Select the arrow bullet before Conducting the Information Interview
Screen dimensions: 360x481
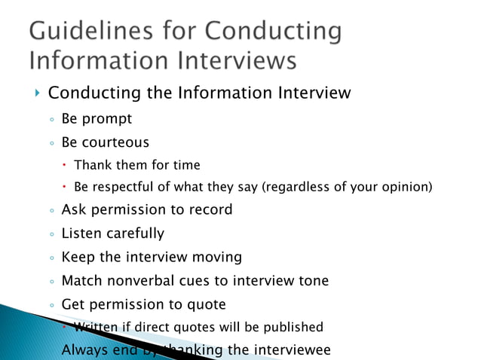[x=37, y=93]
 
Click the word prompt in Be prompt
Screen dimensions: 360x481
[x=109, y=119]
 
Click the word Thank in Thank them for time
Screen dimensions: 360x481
[x=93, y=164]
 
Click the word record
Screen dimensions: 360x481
[x=206, y=209]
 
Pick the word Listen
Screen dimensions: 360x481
[x=81, y=233]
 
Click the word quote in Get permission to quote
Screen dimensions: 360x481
[x=204, y=304]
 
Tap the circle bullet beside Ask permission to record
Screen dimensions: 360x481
[x=51, y=211]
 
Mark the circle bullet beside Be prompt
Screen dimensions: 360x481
[x=51, y=120]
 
